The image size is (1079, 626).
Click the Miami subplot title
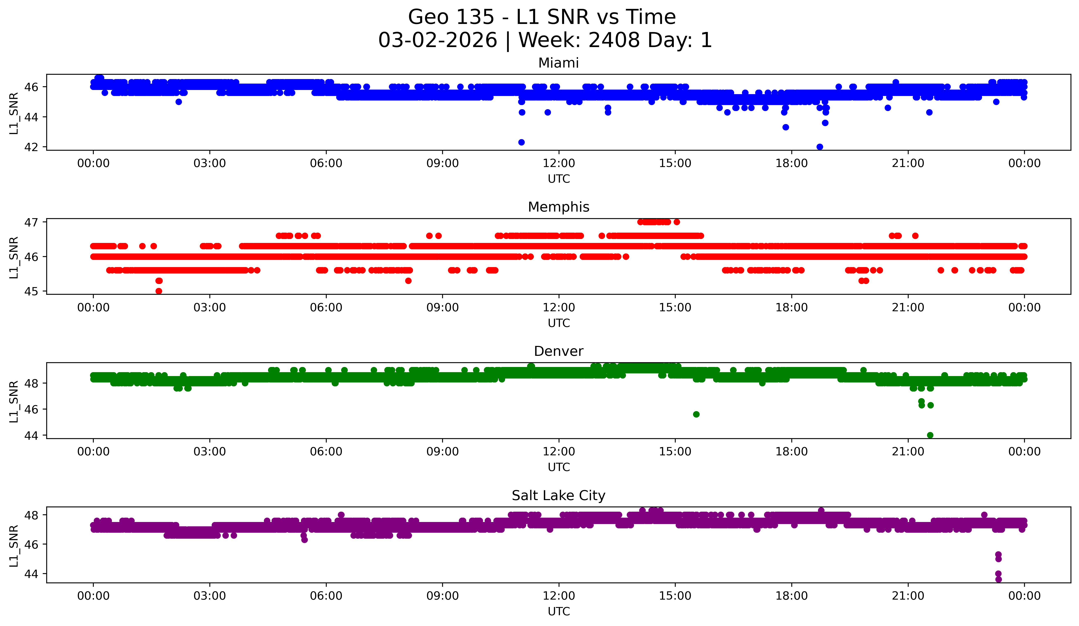point(558,63)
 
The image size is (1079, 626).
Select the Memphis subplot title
point(558,207)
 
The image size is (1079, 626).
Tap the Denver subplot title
point(558,351)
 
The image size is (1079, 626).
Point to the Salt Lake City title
point(558,496)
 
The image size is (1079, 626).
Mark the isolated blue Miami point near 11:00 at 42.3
point(521,142)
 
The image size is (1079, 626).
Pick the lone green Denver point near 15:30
point(696,414)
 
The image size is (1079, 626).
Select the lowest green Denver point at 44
point(930,435)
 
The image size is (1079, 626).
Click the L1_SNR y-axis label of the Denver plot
point(14,401)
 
